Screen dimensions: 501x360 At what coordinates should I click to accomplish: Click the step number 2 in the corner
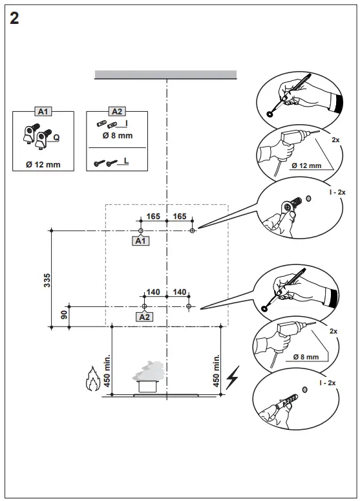(x=14, y=17)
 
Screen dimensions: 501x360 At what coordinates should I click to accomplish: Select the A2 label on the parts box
(x=117, y=112)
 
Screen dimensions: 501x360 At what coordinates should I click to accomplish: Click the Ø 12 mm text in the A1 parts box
(x=43, y=164)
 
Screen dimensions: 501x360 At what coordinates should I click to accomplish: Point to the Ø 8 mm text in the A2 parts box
(x=117, y=136)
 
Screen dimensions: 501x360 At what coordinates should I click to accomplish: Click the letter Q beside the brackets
(x=56, y=137)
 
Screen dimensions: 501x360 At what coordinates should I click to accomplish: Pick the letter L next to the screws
(x=126, y=158)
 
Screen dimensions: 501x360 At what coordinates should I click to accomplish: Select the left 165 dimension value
(x=153, y=217)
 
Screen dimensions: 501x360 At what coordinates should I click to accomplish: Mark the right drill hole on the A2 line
(x=188, y=305)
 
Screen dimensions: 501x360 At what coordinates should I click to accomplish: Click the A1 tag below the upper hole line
(x=140, y=241)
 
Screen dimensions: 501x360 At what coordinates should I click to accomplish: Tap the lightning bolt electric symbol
(x=233, y=376)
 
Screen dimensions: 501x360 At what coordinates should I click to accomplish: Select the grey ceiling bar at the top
(x=168, y=74)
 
